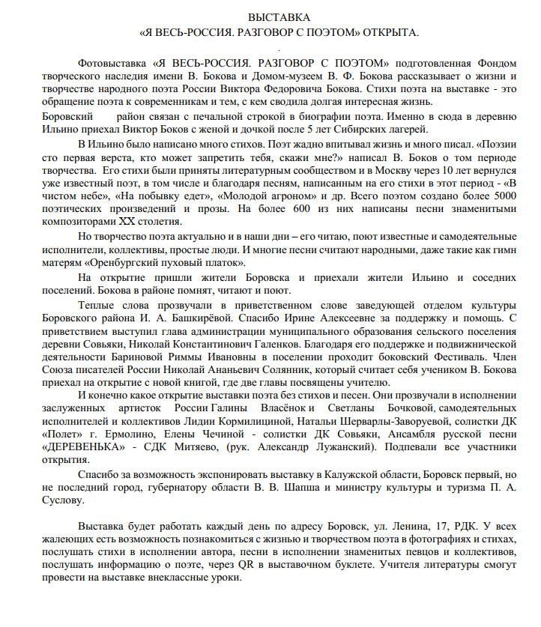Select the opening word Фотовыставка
110,64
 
